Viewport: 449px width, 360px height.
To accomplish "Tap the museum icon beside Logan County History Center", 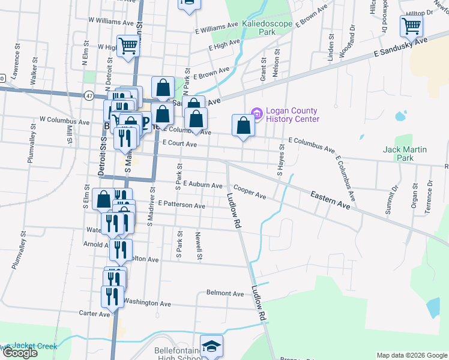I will (x=257, y=113).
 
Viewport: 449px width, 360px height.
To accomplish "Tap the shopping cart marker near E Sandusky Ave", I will (x=412, y=26).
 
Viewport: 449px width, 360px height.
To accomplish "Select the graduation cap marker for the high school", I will (x=211, y=346).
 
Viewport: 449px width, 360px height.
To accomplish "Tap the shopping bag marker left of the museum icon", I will (x=243, y=125).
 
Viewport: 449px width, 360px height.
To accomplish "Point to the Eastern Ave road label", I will (x=330, y=200).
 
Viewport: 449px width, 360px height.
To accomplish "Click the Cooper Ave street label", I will (x=250, y=192).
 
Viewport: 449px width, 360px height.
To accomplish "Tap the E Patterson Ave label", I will (x=181, y=205).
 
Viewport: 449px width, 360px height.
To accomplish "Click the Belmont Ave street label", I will (x=225, y=293).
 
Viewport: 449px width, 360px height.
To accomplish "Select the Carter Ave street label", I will (x=94, y=313).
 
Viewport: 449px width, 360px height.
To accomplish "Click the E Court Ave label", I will (x=179, y=144).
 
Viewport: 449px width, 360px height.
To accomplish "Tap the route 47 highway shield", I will (x=89, y=95).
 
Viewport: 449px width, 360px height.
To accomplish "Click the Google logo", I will (x=19, y=353).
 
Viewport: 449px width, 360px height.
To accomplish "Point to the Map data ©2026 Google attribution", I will (x=412, y=355).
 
